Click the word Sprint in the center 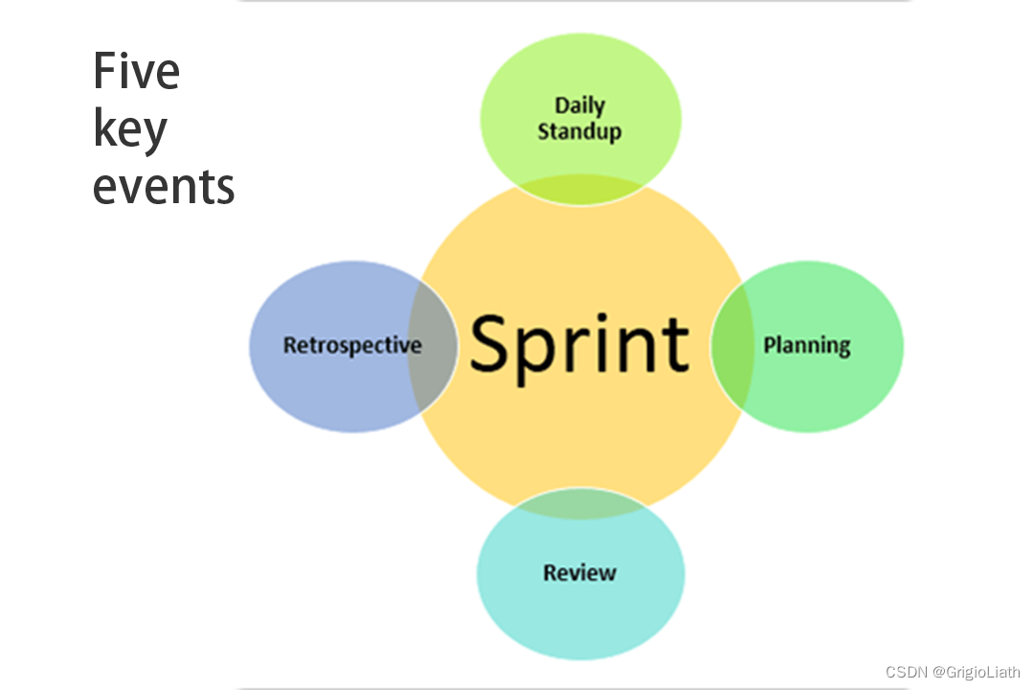pos(579,345)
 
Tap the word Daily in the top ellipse pos(579,105)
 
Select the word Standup pos(579,131)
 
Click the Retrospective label pos(351,345)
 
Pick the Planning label pos(806,345)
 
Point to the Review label pos(579,573)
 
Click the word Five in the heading pos(136,72)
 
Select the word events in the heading pos(164,186)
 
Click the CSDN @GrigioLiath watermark pos(953,672)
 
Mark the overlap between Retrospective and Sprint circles pos(432,345)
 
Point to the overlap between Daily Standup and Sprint pos(579,190)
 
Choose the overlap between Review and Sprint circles pos(579,504)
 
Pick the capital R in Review pos(551,573)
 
